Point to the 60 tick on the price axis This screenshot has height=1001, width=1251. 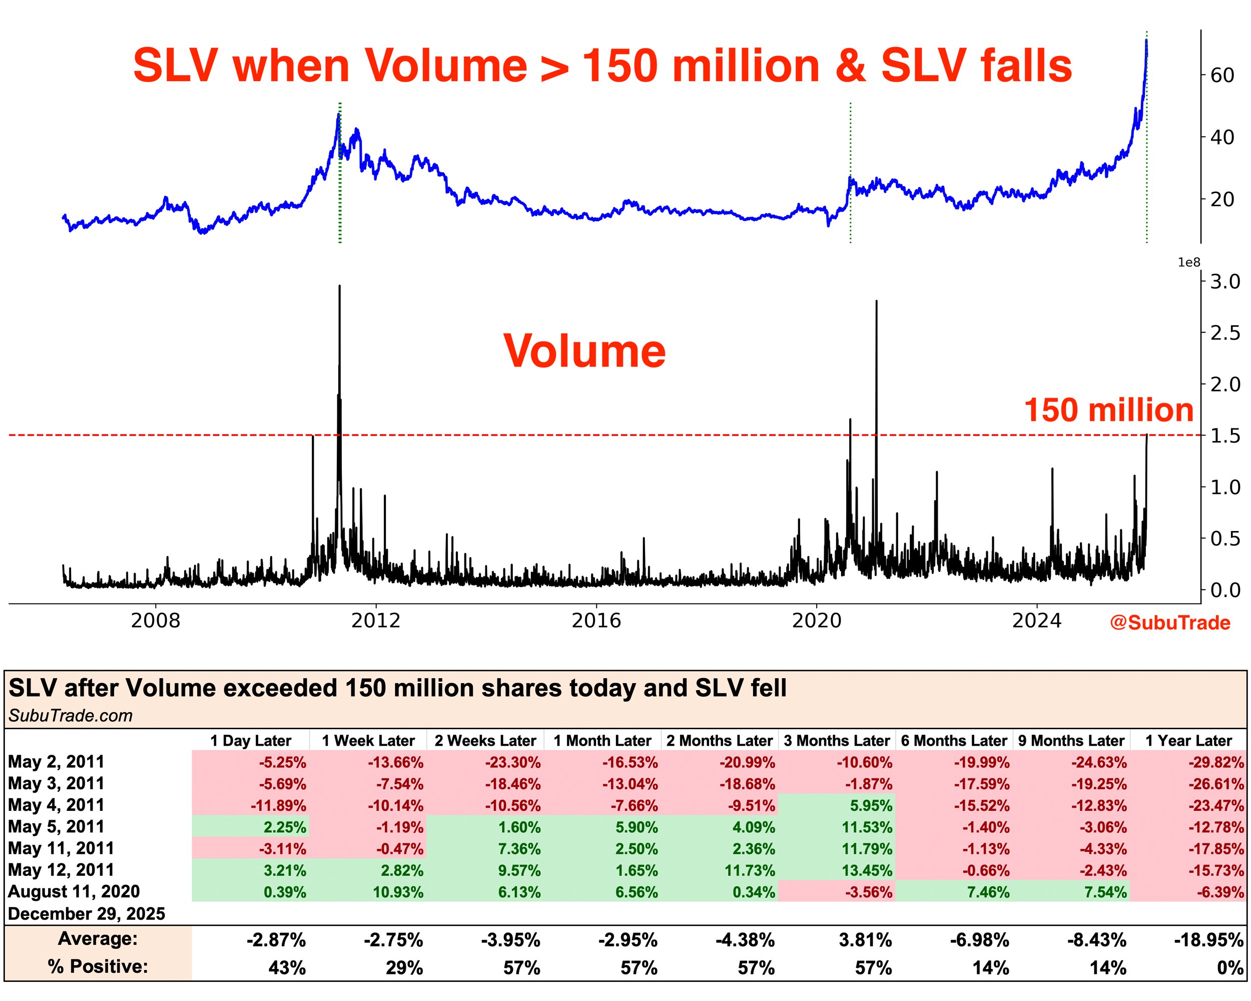click(x=1221, y=76)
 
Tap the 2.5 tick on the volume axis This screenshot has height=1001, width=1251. click(x=1224, y=333)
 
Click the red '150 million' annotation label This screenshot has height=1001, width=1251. click(x=1108, y=410)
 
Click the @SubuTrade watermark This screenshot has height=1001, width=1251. click(x=1170, y=623)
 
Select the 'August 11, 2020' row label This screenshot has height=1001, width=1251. click(x=74, y=892)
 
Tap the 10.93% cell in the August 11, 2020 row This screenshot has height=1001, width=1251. click(x=397, y=892)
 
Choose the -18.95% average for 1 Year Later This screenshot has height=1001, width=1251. click(x=1208, y=940)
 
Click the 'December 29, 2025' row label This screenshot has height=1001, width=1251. click(x=87, y=914)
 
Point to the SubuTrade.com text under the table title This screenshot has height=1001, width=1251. click(x=70, y=716)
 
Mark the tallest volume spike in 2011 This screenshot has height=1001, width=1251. click(x=339, y=287)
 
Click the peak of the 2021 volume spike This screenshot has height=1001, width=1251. click(x=876, y=302)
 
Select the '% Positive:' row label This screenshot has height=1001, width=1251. click(x=98, y=967)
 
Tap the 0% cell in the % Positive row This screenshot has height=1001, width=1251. click(x=1229, y=968)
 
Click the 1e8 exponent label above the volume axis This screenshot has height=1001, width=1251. click(x=1188, y=263)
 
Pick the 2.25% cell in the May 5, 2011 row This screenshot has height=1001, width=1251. click(x=284, y=827)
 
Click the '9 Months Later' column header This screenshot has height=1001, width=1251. click(x=1071, y=741)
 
